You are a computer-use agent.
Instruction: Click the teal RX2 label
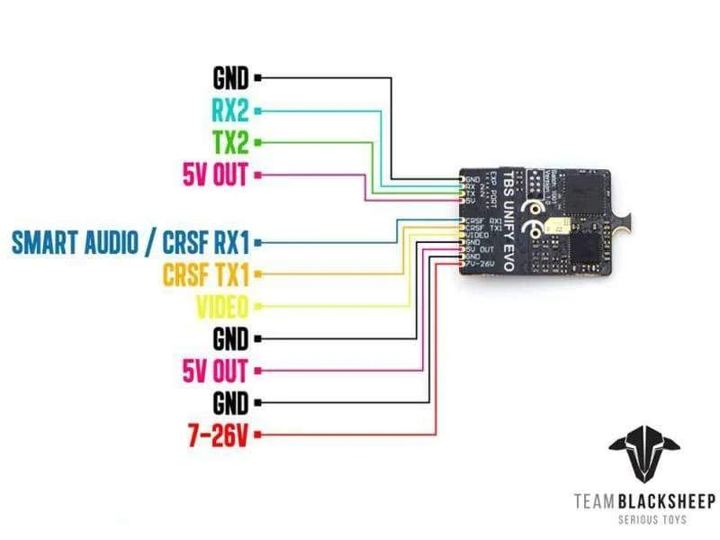230,110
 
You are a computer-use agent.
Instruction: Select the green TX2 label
230,142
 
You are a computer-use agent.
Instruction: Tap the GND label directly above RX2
230,77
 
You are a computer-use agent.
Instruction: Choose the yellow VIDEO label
221,307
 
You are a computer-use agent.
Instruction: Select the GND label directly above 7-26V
230,402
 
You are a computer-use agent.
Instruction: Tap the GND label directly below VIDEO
230,338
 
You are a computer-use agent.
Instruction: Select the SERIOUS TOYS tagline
643,519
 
